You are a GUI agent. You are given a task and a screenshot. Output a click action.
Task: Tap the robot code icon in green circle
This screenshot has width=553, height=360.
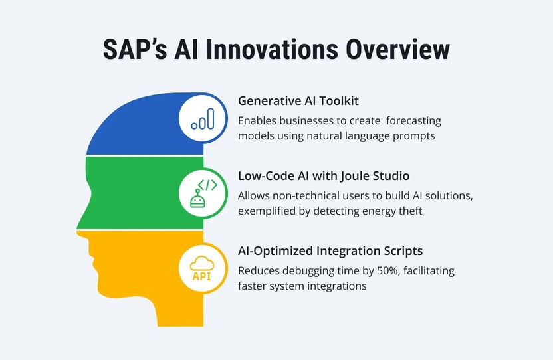point(203,194)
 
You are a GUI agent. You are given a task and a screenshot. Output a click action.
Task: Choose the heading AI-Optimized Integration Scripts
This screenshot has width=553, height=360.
point(330,252)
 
